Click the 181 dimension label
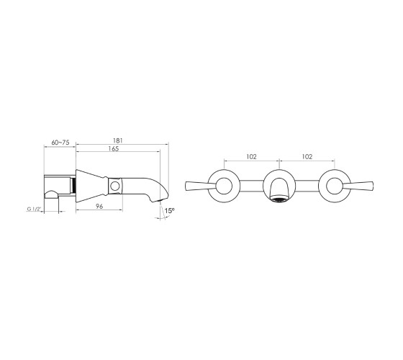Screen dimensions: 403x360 (118, 140)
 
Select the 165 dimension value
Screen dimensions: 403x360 (114, 148)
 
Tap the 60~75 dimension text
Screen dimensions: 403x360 (60, 143)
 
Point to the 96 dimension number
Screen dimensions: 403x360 (99, 206)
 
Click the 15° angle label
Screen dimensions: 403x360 (170, 211)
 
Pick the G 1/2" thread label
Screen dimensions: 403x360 (34, 209)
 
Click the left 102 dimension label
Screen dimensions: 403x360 (251, 157)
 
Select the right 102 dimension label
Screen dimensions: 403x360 (307, 157)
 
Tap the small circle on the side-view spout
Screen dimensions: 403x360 (115, 186)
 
